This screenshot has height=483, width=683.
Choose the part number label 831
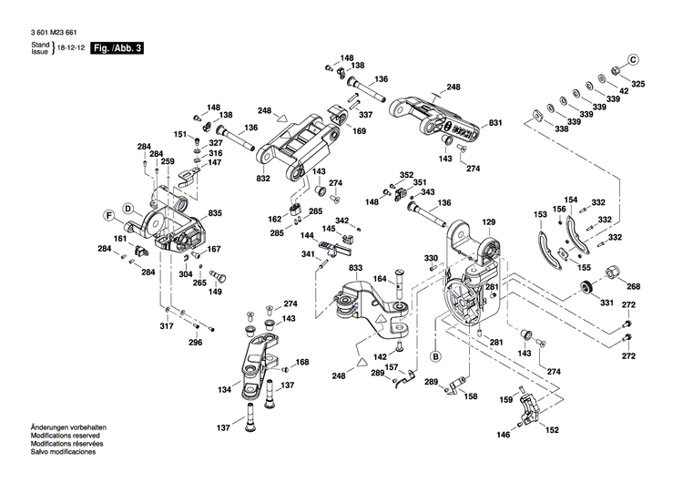[x=495, y=122]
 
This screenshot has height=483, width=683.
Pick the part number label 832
[x=263, y=180]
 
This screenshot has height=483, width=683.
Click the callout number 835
[x=215, y=213]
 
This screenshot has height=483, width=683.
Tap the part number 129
[x=488, y=222]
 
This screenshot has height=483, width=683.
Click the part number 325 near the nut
[x=637, y=85]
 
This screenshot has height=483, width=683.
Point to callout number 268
[x=633, y=285]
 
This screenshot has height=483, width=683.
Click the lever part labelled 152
[x=525, y=406]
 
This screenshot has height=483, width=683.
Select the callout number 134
[x=224, y=390]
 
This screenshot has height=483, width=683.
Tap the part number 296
[x=195, y=343]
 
